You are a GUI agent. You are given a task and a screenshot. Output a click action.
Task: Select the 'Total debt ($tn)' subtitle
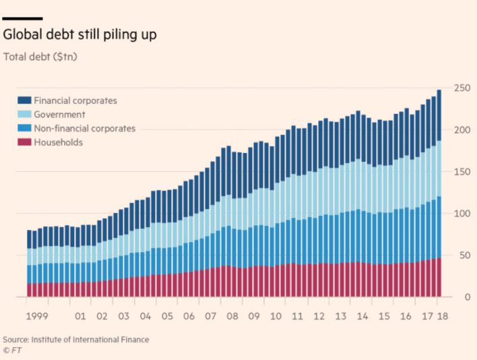40,57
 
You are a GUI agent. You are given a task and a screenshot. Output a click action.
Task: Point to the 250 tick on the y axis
461,88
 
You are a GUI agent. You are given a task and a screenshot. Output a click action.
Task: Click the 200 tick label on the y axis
461,129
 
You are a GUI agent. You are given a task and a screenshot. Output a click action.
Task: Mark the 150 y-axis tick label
461,171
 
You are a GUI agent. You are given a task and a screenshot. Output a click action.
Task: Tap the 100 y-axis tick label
461,213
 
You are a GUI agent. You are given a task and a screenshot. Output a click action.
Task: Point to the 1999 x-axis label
37,316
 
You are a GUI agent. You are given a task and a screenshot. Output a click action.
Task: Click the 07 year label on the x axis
210,316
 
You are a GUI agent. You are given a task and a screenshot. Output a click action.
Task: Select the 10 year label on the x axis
276,316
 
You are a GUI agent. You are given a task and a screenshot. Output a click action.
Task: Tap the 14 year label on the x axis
363,316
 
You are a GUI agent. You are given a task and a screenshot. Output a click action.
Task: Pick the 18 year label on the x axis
440,316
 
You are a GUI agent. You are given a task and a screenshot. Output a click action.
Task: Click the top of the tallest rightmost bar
439,90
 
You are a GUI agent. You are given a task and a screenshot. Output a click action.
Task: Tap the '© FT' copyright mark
12,350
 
